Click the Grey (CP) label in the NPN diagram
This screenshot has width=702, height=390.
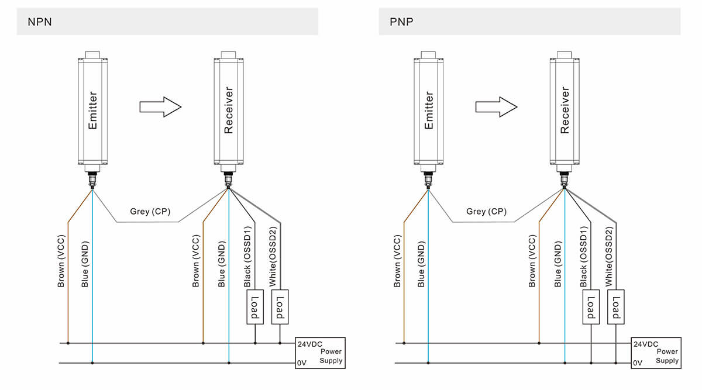coord(150,212)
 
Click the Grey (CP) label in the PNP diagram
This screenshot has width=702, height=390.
coord(486,212)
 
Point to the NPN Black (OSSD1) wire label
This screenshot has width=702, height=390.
coord(248,261)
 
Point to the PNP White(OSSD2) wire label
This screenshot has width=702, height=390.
coord(610,261)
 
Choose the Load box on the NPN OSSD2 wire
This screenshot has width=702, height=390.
coord(280,306)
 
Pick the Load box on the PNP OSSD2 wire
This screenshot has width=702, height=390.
coord(616,306)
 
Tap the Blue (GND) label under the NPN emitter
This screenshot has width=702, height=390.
coord(85,264)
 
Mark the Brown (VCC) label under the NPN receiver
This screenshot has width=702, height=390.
coord(196,261)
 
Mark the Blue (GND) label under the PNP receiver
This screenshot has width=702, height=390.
coord(558,264)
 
